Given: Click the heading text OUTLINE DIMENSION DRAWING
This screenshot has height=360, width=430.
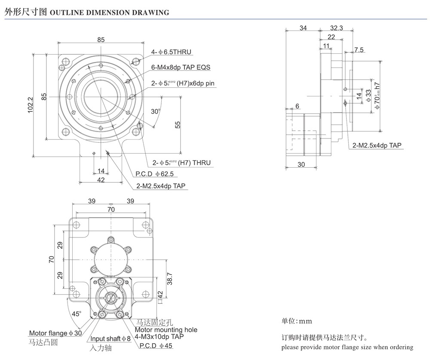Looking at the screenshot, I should coord(110,12).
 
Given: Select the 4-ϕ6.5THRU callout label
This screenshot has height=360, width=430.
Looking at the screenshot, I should coord(171,52).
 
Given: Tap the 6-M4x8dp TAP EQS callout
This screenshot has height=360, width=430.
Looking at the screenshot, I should coord(181,68).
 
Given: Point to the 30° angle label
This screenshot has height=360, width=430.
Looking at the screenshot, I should coord(155,111).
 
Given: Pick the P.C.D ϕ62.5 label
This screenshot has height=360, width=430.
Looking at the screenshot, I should coord(150,174).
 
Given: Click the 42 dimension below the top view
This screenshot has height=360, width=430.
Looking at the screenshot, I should coord(101,180).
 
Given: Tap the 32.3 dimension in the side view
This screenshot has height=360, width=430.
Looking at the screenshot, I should coord(337,28).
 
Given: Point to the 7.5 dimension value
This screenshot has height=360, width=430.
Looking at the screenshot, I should coord(359,50).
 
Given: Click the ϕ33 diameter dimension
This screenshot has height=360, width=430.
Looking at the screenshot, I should coord(368,96).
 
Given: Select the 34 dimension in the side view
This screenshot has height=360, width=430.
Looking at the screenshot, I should coord(303,28).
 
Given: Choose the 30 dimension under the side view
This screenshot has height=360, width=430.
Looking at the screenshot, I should coord(301,164).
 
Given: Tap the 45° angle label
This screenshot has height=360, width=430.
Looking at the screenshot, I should coord(76,314).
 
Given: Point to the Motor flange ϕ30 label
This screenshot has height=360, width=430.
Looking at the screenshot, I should coord(55,333).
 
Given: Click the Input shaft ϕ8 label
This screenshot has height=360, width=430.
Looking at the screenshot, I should coord(110,339).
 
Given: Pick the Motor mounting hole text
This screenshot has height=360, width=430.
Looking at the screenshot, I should coord(166,329).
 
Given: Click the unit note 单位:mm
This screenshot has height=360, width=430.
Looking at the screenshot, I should coord(297,321).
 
